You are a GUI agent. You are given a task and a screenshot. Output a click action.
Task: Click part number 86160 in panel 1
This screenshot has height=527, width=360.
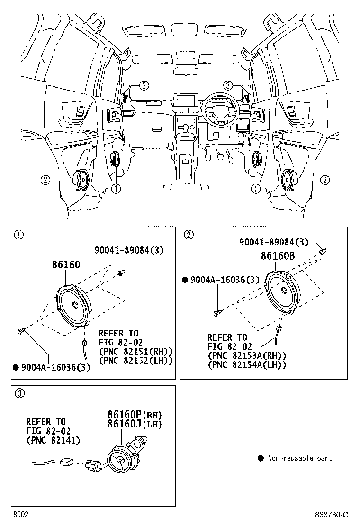coord(66,264)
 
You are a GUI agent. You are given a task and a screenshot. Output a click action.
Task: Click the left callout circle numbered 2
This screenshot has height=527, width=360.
coord(45,180)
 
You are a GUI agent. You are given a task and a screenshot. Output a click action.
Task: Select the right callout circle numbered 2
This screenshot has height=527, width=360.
coord(324,180)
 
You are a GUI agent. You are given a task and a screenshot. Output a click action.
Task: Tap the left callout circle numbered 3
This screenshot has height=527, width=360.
coord(144,85)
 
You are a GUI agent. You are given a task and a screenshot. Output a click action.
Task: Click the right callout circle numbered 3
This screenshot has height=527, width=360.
coord(228,85)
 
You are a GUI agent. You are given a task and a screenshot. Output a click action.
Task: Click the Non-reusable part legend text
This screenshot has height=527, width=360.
coord(299,458)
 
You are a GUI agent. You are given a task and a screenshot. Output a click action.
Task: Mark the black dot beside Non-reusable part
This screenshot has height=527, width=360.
coord(260,458)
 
